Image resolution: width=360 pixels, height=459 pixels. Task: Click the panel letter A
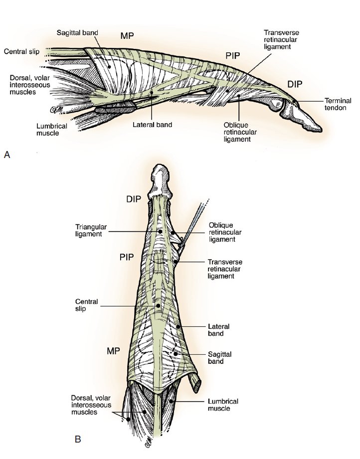7,154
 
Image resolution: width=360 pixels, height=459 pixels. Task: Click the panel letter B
78,439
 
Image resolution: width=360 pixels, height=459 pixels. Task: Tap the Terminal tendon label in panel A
338,104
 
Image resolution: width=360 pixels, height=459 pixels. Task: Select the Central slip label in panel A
21,52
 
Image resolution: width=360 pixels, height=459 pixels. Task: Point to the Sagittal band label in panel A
77,32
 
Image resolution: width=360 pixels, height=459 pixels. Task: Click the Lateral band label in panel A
152,125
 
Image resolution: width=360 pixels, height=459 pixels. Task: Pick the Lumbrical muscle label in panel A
52,130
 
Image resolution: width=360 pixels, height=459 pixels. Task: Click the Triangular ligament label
91,230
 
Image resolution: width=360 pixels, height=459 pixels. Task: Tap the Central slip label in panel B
87,305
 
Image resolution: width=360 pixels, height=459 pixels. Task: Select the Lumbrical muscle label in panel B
223,405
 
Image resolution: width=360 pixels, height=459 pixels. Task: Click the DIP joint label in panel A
295,84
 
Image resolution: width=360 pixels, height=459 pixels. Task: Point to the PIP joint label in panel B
127,257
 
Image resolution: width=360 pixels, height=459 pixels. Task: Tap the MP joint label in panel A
127,36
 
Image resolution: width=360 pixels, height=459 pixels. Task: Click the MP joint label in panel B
113,351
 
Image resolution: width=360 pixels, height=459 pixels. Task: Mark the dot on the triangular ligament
160,231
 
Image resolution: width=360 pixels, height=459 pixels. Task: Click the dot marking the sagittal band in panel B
176,354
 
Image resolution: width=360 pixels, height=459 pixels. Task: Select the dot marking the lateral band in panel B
178,326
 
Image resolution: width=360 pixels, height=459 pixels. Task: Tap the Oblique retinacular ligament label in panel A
240,132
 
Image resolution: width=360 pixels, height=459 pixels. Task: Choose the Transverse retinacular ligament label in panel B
225,269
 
